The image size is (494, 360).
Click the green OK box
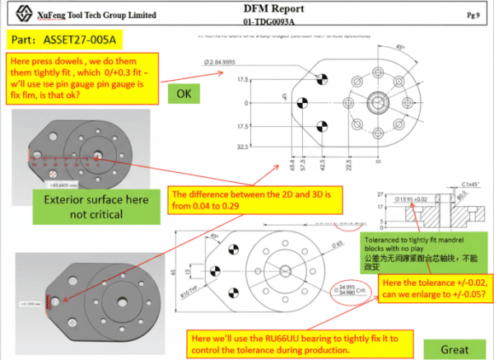[184, 94]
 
